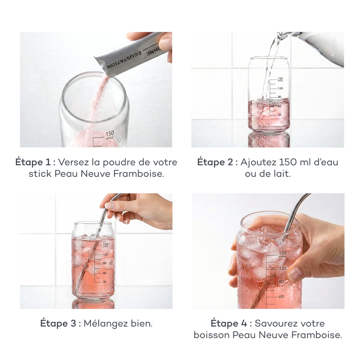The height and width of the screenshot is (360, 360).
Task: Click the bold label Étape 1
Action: click(33, 162)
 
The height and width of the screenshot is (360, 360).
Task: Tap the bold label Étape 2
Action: click(215, 162)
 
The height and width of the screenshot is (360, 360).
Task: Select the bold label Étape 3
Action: click(58, 323)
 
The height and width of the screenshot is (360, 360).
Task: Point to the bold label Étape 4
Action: click(229, 323)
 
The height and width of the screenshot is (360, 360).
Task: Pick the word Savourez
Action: click(275, 323)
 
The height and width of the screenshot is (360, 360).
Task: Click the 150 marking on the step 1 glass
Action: click(110, 134)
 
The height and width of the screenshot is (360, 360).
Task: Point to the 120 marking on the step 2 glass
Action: click(280, 88)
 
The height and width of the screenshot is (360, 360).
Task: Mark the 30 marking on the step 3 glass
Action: click(105, 282)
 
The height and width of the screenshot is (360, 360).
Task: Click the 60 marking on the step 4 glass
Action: click(281, 296)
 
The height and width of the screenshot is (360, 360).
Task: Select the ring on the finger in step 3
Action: click(129, 197)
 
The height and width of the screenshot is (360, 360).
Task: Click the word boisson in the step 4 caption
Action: click(212, 335)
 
